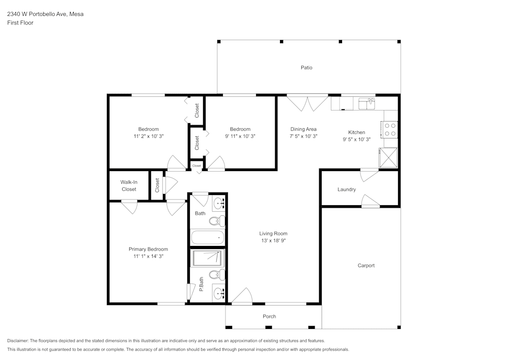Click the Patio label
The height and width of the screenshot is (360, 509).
(x=306, y=68)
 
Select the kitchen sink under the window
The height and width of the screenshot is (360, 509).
(x=366, y=104)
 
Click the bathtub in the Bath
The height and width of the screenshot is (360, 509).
(x=207, y=237)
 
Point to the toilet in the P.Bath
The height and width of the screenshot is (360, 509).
(x=218, y=275)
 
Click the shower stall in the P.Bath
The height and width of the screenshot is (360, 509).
(x=207, y=258)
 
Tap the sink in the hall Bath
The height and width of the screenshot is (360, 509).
(x=219, y=204)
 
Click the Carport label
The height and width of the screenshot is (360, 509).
(x=366, y=265)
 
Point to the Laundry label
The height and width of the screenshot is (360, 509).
(x=347, y=189)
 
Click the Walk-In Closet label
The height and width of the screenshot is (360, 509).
(x=128, y=185)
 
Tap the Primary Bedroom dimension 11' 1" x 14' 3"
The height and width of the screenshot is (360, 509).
(x=148, y=257)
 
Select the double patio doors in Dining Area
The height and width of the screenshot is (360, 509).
(x=307, y=102)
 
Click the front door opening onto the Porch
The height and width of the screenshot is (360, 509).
(x=242, y=297)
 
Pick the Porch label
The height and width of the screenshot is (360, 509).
(x=269, y=316)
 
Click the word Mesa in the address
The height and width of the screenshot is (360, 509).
(x=76, y=14)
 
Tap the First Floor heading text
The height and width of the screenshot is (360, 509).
(x=20, y=23)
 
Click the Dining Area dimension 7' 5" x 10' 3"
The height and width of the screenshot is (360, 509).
(x=303, y=136)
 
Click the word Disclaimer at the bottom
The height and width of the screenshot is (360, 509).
(x=18, y=341)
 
